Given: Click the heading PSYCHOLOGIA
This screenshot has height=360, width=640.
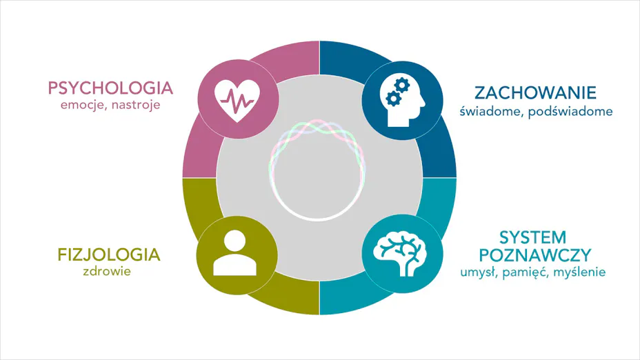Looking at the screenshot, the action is (110, 88).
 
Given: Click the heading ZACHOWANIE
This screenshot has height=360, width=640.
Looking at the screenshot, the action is (535, 93).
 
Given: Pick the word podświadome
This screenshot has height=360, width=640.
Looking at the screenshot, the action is (570, 112).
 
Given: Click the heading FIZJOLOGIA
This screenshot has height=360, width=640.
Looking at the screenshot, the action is (108, 254).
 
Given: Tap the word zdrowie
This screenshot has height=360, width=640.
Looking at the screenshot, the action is (107, 272).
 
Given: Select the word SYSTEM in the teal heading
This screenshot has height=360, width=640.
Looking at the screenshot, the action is (532, 237).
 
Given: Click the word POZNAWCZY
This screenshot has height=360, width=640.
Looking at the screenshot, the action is (534, 255).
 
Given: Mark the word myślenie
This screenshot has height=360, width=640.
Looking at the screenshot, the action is (579, 272).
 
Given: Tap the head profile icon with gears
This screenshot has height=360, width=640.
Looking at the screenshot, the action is (403, 101).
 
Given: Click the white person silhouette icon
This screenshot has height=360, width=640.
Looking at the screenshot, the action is (234, 253).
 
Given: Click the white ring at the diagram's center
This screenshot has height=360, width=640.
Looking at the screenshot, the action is (317, 219).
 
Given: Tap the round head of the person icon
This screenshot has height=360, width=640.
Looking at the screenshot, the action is (234, 241).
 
